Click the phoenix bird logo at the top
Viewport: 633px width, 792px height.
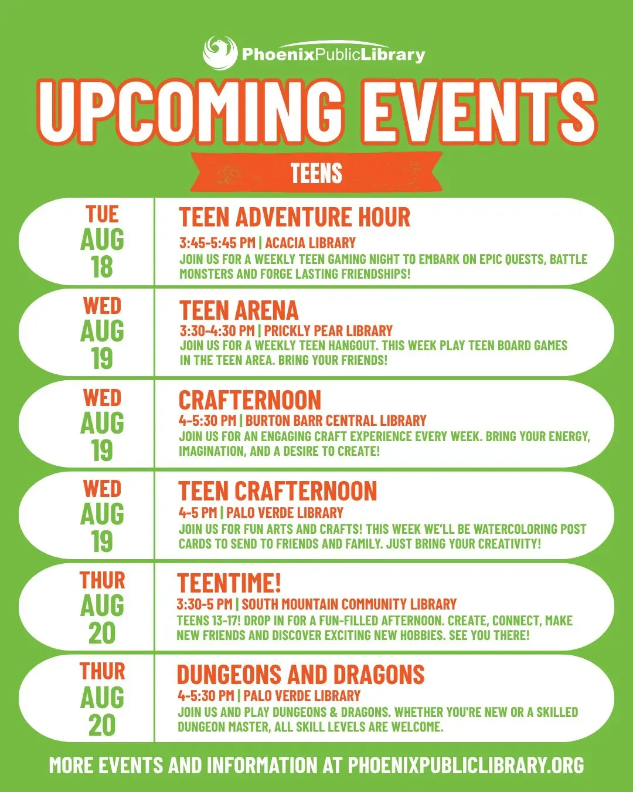tap(220, 52)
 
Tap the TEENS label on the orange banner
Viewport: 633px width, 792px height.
tap(316, 172)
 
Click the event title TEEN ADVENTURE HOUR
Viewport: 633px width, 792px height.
tap(294, 216)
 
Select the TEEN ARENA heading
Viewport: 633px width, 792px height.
tap(239, 310)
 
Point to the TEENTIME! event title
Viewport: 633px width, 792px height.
tap(229, 583)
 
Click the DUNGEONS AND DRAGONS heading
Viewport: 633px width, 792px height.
tap(301, 674)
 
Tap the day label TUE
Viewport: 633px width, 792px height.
tap(102, 214)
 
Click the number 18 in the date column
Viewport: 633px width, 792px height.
tap(102, 267)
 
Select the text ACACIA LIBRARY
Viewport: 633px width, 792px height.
tap(311, 243)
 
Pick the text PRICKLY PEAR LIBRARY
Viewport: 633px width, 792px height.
tap(328, 330)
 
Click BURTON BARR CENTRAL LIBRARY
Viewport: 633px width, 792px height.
tap(336, 420)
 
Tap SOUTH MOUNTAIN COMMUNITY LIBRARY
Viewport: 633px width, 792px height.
tap(349, 604)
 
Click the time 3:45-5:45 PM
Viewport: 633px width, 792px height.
tap(217, 243)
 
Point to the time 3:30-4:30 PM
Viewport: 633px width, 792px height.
tap(217, 330)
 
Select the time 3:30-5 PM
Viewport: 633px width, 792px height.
tap(205, 604)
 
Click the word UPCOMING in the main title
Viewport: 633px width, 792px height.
tap(190, 111)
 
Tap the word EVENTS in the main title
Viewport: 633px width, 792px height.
tap(478, 111)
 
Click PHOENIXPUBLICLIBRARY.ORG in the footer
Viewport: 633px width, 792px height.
tap(466, 765)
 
